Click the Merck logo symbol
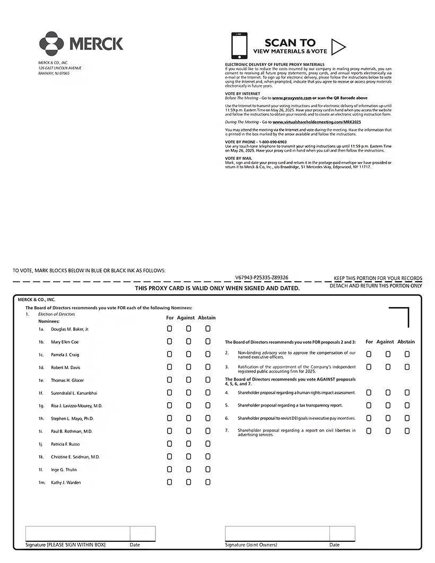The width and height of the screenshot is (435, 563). [51, 44]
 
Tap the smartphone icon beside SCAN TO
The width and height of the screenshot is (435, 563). [240, 46]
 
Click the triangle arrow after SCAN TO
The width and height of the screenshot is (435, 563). [338, 47]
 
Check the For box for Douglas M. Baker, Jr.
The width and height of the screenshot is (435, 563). [170, 329]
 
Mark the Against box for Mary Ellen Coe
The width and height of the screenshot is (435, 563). [189, 342]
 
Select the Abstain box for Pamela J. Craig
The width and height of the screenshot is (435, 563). [208, 354]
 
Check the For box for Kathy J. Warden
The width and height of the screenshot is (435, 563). [170, 482]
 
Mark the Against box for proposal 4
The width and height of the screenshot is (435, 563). [388, 393]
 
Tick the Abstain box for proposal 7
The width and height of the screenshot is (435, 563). [407, 431]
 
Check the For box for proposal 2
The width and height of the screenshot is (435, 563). [369, 354]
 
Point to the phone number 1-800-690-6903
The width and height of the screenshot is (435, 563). [273, 142]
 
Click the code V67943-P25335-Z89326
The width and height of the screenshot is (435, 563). [262, 278]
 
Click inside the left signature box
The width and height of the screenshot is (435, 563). [77, 533]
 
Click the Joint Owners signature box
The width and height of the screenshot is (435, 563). [277, 533]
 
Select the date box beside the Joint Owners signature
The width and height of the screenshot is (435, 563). [342, 533]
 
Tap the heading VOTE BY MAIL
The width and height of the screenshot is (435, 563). [238, 158]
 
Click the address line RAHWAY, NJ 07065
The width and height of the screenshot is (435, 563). [54, 73]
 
